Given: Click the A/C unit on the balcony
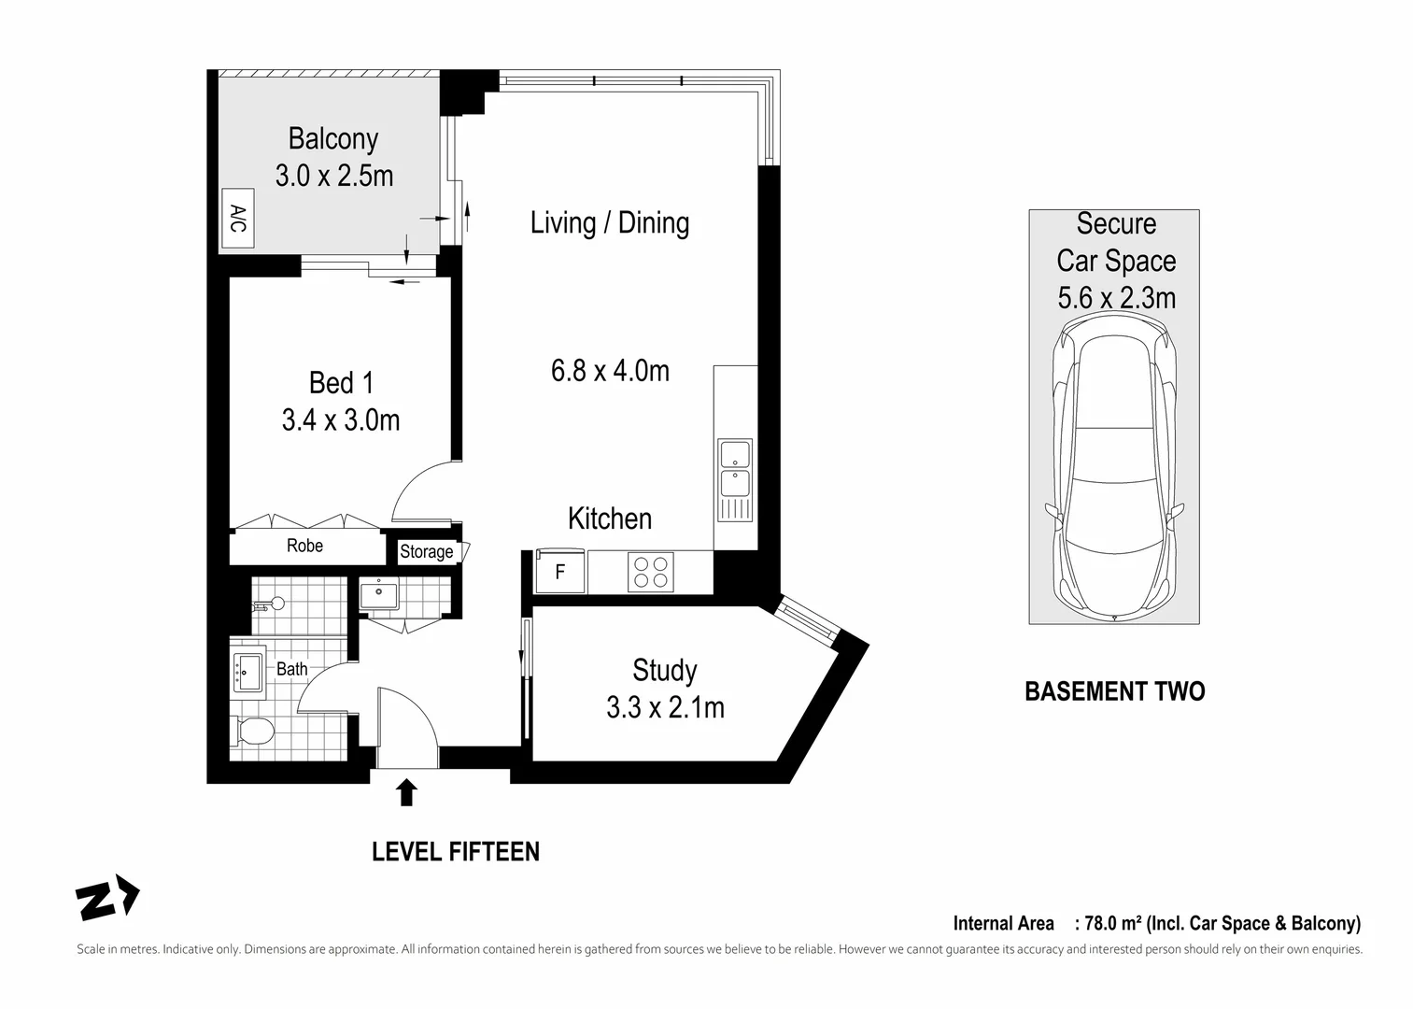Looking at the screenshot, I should [237, 220].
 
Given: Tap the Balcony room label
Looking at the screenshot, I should [332, 138].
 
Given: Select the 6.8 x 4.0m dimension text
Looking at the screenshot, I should [610, 371].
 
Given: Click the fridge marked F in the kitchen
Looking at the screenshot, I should [560, 572].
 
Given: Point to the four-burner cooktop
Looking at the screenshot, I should [650, 572].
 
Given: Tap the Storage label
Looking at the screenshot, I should [427, 552].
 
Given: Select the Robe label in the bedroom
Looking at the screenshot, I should [304, 546].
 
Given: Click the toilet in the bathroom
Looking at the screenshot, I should [252, 731].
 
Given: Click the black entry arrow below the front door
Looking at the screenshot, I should [406, 793].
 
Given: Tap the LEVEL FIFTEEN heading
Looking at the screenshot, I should [455, 852].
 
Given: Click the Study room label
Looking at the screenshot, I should [664, 671].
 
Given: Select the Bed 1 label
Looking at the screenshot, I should [341, 383].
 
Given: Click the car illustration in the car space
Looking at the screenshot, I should [1114, 467].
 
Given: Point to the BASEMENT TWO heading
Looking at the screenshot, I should [1114, 691].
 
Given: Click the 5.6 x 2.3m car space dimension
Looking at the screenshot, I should [1116, 298].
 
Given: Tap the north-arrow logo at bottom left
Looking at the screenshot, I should [106, 901].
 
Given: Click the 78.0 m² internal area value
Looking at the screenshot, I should [1113, 924].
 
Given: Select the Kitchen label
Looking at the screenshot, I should [610, 519].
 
